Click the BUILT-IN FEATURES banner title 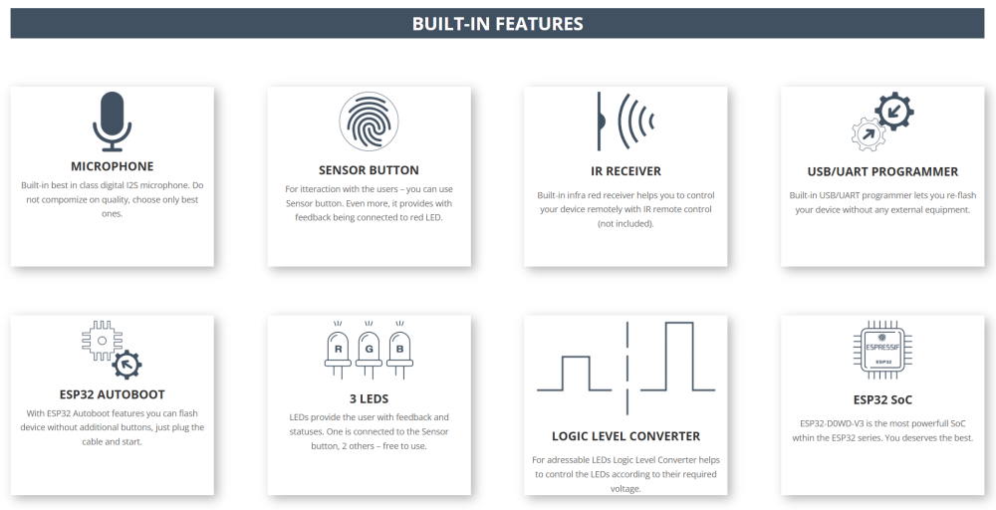(x=497, y=24)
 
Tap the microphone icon (x=112, y=121)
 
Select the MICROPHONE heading (x=113, y=166)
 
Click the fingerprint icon (x=370, y=121)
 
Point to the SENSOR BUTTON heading (x=370, y=170)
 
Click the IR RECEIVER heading (x=625, y=171)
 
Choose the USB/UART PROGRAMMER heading (x=882, y=171)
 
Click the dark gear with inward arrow (x=894, y=112)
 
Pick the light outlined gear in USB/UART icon (x=869, y=133)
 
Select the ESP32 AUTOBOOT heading (x=113, y=394)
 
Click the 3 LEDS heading (x=370, y=398)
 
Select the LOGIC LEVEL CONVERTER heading (x=625, y=436)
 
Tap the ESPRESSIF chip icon (x=882, y=350)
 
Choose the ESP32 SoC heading (x=882, y=400)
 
